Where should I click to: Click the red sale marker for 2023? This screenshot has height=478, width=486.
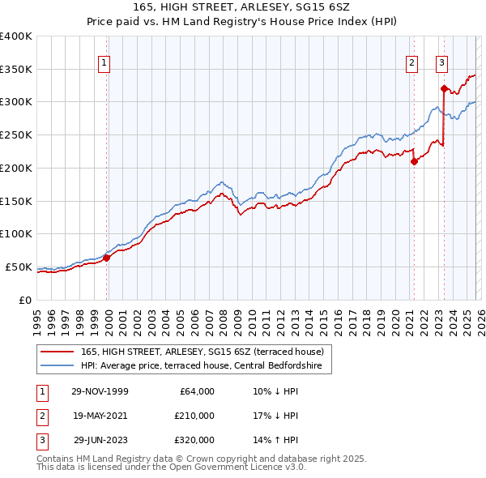(444, 88)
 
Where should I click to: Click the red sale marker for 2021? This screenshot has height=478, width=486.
(414, 161)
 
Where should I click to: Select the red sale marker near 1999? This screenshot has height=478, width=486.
(107, 258)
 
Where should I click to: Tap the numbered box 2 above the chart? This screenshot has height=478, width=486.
(412, 62)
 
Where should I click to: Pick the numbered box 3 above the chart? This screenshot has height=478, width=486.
(441, 62)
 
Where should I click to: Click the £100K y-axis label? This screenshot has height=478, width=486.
(16, 234)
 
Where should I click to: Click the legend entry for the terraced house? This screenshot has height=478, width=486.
(202, 352)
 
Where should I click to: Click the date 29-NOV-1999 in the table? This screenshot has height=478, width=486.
(100, 391)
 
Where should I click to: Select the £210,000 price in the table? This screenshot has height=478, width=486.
(194, 416)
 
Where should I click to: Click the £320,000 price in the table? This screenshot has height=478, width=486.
(194, 440)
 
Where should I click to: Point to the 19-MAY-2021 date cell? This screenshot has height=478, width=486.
(100, 416)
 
